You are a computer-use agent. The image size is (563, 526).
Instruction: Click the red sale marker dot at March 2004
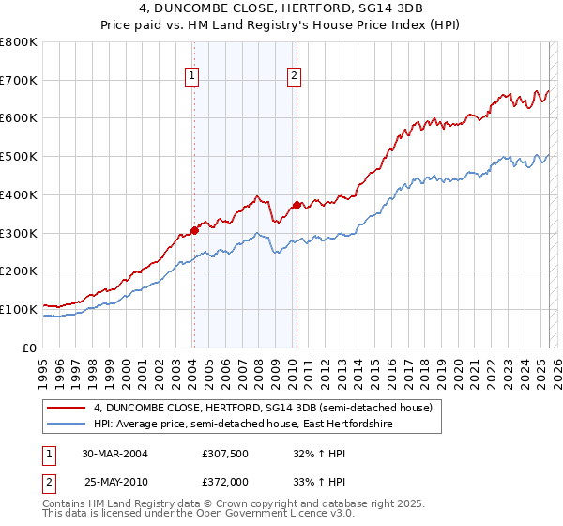click(194, 229)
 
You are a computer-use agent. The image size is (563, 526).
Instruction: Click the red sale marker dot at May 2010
click(297, 205)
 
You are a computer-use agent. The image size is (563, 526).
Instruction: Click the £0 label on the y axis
click(31, 348)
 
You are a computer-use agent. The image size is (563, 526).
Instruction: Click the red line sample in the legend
click(67, 409)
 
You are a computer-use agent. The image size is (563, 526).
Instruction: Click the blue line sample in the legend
click(67, 425)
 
